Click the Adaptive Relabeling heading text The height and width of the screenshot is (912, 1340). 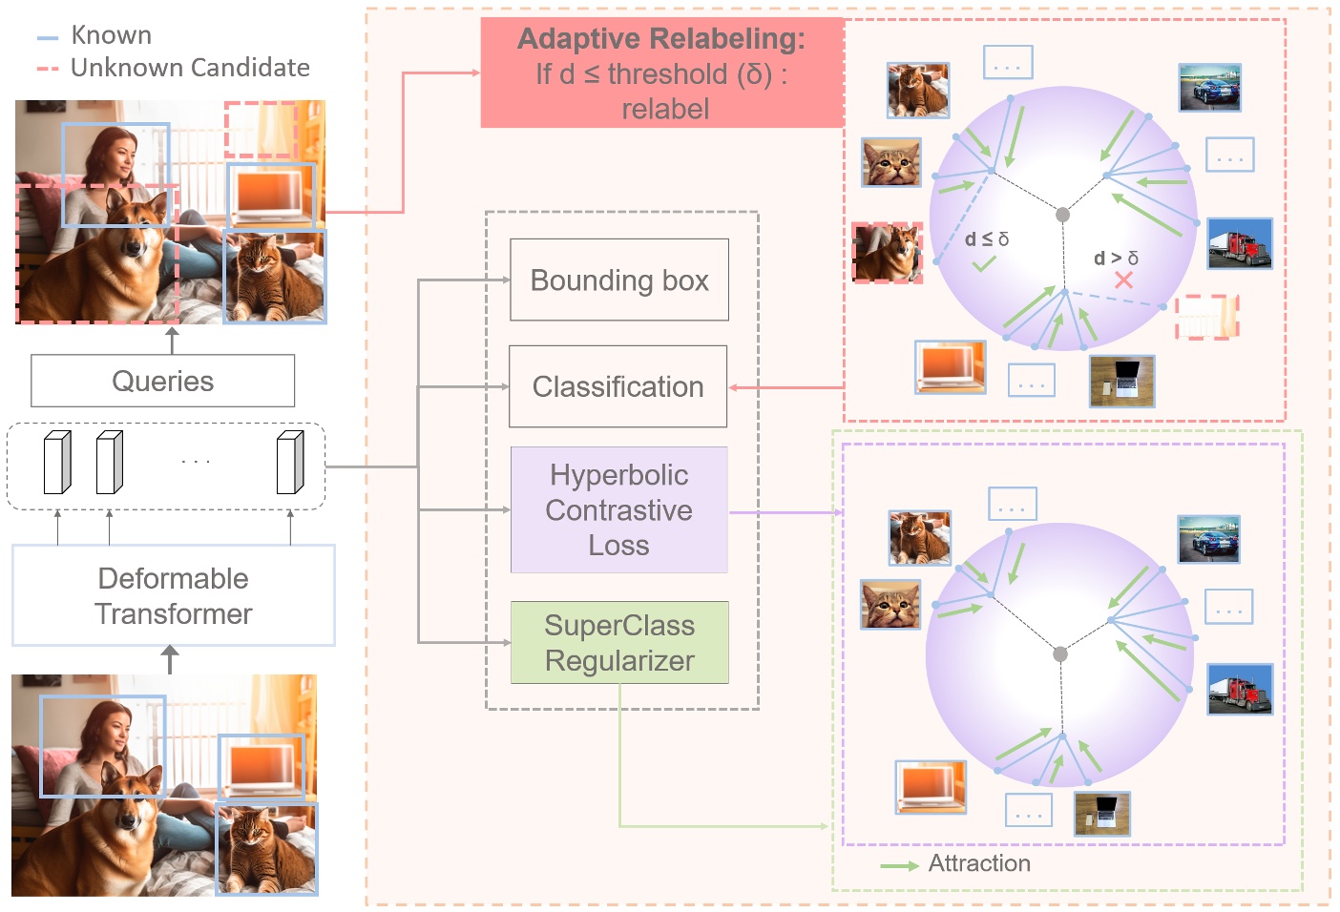(660, 39)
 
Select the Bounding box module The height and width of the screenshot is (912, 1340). (619, 280)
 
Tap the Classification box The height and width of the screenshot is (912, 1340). (618, 386)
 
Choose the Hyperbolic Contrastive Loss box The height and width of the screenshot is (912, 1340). (618, 509)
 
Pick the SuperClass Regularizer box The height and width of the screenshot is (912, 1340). (619, 642)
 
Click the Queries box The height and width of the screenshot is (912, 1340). (162, 381)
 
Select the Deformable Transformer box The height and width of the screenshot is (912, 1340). (173, 595)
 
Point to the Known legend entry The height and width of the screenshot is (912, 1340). (111, 35)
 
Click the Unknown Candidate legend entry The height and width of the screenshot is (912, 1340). (189, 68)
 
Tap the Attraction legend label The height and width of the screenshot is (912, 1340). (979, 863)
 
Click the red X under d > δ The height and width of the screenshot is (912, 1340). (1123, 280)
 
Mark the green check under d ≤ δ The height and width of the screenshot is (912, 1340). (984, 263)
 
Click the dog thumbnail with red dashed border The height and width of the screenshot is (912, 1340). (888, 253)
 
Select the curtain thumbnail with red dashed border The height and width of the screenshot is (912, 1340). (1206, 317)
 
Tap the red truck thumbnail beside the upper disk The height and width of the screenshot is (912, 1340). (1239, 243)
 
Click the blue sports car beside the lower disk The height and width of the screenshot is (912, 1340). (1208, 539)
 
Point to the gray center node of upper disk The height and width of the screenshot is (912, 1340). (1062, 215)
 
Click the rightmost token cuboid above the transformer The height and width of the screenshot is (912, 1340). (290, 463)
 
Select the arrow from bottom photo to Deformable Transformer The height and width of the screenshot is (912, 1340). (170, 659)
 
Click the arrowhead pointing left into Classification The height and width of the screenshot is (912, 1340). (734, 387)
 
